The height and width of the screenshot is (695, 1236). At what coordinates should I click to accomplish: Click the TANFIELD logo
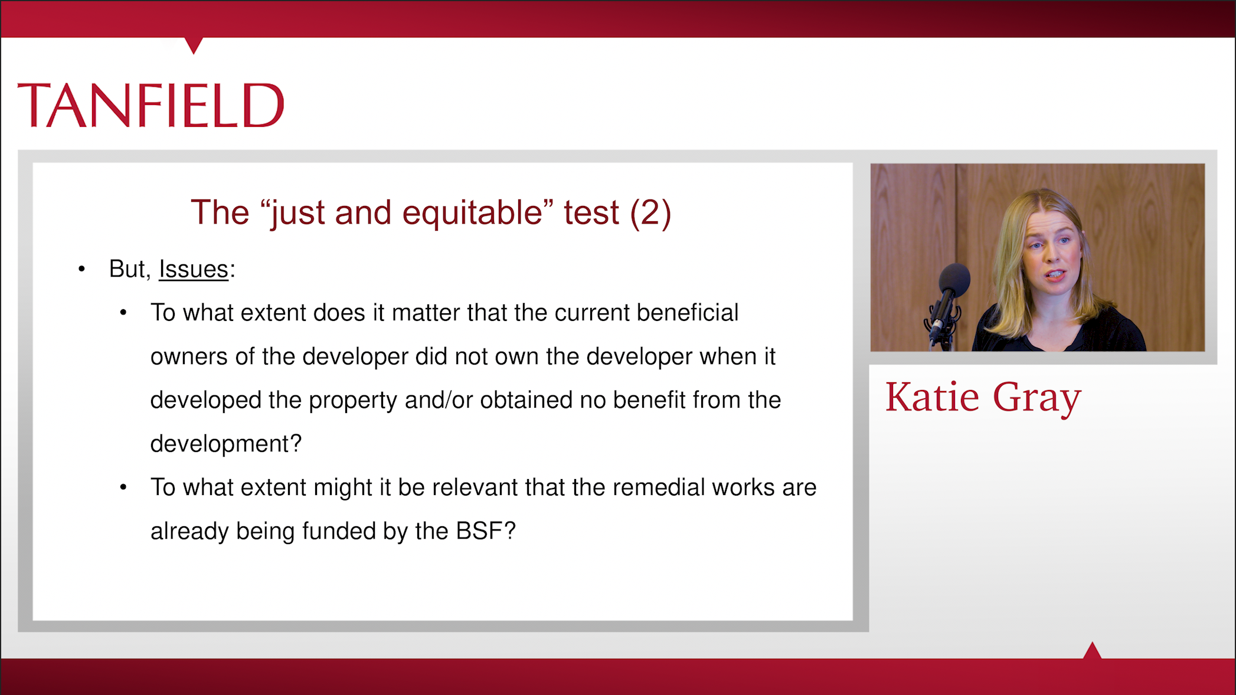tap(151, 105)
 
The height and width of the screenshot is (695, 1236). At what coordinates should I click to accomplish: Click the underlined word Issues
tap(194, 269)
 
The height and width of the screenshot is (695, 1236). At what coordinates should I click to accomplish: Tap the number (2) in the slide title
tap(650, 212)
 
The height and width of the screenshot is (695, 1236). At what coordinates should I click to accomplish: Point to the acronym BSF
tap(479, 531)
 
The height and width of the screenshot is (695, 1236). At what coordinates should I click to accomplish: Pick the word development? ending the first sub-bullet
tap(226, 444)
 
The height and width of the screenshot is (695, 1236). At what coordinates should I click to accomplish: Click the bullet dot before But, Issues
tap(81, 270)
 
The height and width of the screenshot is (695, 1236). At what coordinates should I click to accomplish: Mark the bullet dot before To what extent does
tap(123, 313)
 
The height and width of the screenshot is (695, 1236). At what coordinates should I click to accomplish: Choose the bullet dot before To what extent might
tap(123, 487)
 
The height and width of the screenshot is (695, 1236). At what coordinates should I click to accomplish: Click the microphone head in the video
tap(953, 280)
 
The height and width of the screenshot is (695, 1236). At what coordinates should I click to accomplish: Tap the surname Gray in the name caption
tap(1037, 398)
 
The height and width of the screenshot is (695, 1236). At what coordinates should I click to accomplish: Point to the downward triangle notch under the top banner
tap(194, 45)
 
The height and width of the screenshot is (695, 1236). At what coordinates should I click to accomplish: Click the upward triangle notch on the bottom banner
tap(1092, 650)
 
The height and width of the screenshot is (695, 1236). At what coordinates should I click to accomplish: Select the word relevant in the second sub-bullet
tap(475, 487)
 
